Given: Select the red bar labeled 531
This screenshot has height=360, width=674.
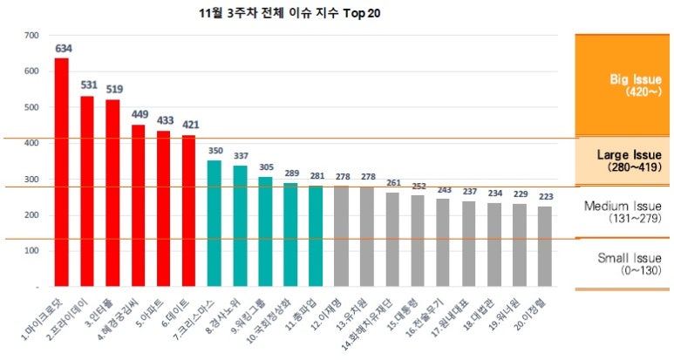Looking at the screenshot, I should coord(87,191).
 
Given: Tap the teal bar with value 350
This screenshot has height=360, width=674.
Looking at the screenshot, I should coord(214,223).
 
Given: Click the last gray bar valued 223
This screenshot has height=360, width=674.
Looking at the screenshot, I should coord(545,246).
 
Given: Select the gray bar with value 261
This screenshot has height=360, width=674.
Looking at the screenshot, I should coord(392,239).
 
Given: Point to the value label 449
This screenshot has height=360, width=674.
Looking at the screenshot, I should coord(138,113).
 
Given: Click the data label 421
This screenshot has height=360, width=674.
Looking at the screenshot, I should coord(189,124).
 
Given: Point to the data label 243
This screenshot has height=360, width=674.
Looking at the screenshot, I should coord(443,189).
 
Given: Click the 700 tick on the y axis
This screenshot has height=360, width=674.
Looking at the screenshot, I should coord(32,36).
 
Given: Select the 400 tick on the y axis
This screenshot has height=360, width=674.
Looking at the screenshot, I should coord(32,144).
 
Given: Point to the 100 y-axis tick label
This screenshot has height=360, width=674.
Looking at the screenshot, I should coord(32,251).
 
